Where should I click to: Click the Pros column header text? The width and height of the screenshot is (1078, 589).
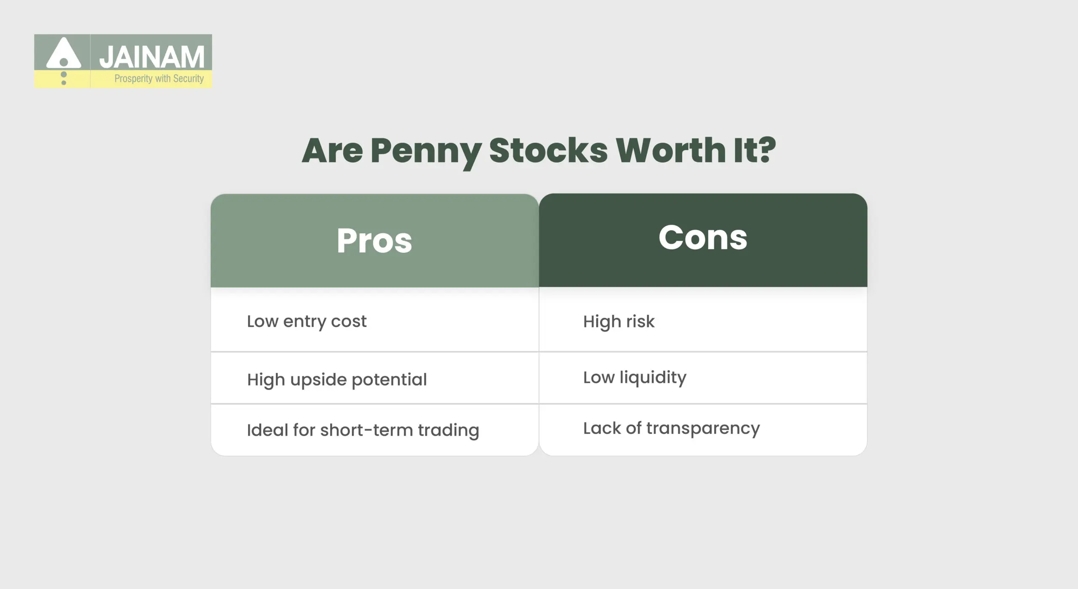374,241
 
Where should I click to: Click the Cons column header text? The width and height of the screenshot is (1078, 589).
703,238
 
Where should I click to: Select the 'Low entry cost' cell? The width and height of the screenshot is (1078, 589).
307,321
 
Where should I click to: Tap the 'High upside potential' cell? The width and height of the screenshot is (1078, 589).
337,380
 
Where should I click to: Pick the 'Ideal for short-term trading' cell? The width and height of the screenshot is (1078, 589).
363,430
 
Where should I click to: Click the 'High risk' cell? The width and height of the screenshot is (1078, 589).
619,321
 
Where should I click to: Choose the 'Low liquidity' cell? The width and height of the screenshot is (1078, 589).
635,377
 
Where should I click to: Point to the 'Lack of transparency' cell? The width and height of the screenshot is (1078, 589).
671,428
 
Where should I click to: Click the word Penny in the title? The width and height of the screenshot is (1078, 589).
426,151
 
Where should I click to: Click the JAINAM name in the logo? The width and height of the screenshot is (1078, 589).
152,57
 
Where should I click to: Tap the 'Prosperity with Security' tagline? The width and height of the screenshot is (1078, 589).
159,79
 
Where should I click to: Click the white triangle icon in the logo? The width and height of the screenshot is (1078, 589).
64,54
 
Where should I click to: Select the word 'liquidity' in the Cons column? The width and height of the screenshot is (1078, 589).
653,377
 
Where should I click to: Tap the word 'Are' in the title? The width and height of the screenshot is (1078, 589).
332,150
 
